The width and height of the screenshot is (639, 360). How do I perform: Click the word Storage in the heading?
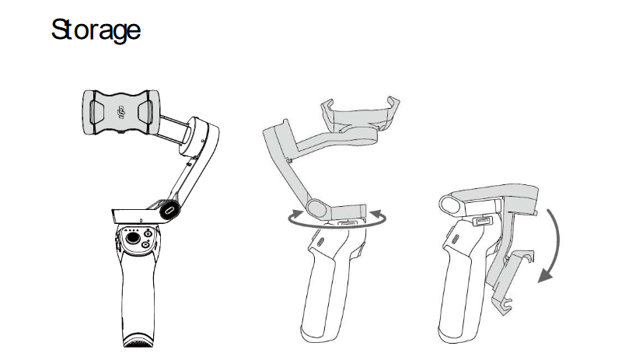click(96, 30)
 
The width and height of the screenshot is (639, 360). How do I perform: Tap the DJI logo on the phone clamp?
click(120, 112)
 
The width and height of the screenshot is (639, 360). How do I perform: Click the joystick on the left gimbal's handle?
click(133, 238)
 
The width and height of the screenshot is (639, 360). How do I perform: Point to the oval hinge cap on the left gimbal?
click(169, 211)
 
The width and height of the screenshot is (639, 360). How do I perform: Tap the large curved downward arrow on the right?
click(551, 246)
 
